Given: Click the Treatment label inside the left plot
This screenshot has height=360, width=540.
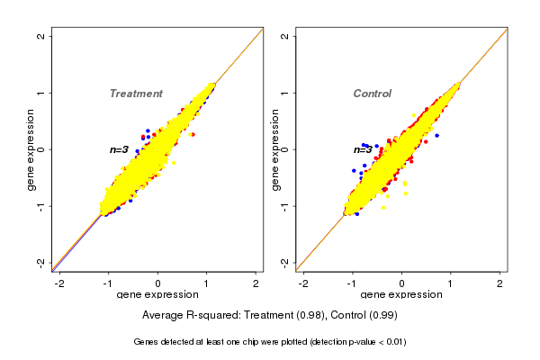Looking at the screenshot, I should click(x=136, y=94).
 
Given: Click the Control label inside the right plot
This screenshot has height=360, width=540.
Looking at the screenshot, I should click(x=372, y=94).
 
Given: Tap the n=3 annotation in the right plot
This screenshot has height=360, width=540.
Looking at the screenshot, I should click(x=363, y=149).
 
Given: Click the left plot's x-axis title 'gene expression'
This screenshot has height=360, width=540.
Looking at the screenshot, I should click(x=157, y=295).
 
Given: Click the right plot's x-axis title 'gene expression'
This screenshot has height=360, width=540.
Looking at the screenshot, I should click(x=401, y=295).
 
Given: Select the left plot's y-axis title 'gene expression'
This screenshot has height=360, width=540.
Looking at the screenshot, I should click(x=31, y=149).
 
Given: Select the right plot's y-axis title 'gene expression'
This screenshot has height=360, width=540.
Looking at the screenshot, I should click(x=275, y=149).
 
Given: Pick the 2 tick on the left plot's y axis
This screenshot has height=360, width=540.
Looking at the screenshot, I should click(x=41, y=36).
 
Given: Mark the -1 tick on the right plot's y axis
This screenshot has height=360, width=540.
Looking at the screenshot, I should click(x=285, y=206).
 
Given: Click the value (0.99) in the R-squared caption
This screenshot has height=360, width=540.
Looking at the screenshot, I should click(x=382, y=316).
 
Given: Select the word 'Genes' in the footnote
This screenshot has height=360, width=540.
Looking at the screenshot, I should click(x=146, y=342).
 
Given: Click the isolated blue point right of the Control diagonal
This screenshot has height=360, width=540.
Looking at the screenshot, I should click(x=436, y=135).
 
